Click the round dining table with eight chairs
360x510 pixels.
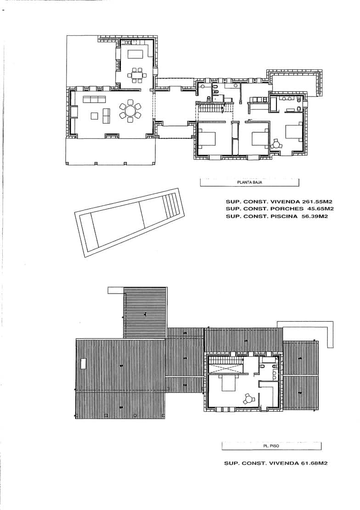[x=130, y=111]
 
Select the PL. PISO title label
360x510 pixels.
[x=271, y=446]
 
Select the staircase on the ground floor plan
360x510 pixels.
[x=211, y=110]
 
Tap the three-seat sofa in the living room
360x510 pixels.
[x=94, y=99]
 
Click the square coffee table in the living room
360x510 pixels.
[x=94, y=116]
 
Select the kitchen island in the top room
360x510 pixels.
[x=135, y=54]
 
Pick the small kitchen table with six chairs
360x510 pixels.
[x=136, y=75]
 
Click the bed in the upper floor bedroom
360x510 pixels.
[x=229, y=382]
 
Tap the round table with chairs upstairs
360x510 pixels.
[x=248, y=398]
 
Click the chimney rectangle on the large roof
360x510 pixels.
[x=83, y=363]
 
